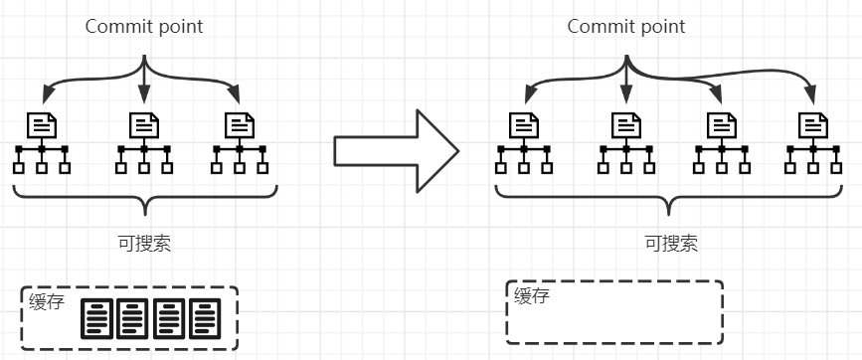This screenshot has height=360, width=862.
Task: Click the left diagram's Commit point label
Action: point(143,27)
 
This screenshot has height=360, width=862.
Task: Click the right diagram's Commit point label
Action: point(625,27)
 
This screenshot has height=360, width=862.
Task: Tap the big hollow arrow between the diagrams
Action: point(395,151)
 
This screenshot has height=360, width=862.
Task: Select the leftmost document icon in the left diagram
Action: point(42,124)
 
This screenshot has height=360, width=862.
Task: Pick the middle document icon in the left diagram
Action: point(144,124)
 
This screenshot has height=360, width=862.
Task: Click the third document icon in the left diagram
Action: point(239,124)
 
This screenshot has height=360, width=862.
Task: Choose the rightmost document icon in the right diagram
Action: point(813,124)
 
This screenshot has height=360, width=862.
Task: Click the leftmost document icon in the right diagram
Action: point(523,124)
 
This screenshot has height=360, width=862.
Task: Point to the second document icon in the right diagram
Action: point(625,124)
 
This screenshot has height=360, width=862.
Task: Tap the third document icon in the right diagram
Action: point(720,124)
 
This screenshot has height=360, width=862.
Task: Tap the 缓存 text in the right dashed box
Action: point(532,295)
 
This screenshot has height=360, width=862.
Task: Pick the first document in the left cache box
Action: point(96,318)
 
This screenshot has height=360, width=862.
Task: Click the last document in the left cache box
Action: point(205,318)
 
